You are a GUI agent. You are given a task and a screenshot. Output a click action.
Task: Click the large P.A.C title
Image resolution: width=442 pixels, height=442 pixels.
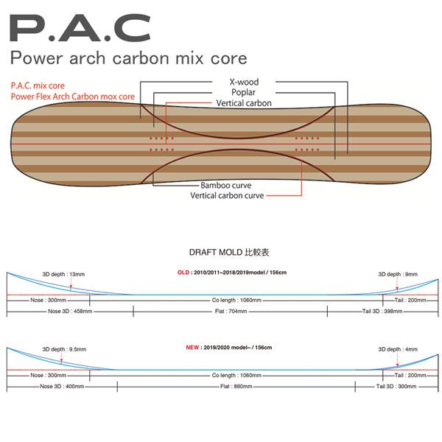(80, 28)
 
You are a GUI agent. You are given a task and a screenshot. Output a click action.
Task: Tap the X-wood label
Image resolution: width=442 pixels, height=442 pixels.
(244, 82)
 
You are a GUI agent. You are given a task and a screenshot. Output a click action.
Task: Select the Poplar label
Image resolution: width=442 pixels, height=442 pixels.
(244, 93)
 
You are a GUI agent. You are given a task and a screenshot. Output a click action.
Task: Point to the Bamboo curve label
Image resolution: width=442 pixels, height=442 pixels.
(226, 186)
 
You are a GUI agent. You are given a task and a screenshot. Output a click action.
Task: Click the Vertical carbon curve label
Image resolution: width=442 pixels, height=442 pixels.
(227, 196)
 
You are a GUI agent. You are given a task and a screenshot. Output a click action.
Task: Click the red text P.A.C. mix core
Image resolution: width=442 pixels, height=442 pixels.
(38, 85)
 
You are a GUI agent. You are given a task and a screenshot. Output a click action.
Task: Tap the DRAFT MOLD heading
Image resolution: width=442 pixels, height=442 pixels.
(229, 252)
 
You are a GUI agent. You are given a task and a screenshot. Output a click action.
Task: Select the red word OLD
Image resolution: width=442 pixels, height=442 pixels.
(183, 273)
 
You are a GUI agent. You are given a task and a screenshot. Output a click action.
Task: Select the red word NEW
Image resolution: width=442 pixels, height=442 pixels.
(192, 348)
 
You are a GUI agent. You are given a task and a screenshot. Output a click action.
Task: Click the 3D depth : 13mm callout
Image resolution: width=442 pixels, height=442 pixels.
(63, 274)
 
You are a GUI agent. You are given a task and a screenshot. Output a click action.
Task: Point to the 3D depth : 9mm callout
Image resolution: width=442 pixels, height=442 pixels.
(398, 274)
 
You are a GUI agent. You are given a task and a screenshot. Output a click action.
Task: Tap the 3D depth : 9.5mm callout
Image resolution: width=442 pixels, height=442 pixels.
(64, 349)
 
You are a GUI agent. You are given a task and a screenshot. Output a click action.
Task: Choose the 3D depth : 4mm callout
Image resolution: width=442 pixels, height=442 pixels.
(398, 349)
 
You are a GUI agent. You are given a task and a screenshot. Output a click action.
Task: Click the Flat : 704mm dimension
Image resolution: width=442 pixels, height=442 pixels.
(231, 312)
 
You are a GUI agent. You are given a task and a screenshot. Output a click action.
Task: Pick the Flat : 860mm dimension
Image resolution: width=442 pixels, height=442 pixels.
(236, 387)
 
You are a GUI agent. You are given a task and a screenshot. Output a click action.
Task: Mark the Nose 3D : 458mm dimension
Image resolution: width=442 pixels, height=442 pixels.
(70, 312)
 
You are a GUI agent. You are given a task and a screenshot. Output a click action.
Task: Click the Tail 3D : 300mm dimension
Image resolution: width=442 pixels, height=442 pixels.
(396, 387)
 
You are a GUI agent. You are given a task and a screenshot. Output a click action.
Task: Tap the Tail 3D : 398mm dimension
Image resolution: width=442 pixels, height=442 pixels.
(382, 312)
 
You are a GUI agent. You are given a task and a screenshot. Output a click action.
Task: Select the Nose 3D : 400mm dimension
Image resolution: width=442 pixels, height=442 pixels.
(62, 387)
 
